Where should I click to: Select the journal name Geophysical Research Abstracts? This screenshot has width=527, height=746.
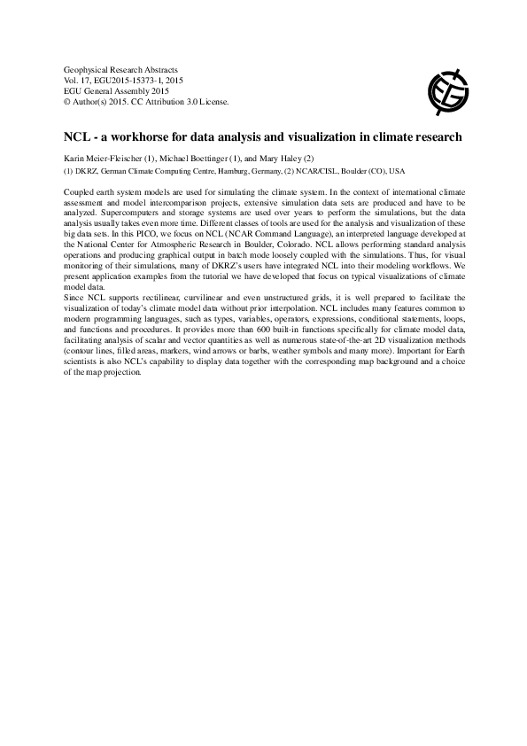[121, 69]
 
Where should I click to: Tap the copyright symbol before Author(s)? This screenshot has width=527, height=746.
[68, 101]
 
